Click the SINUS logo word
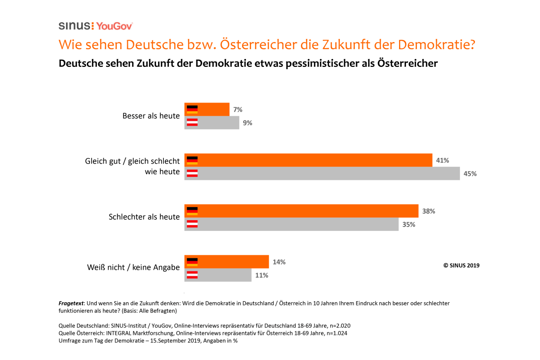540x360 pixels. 74,26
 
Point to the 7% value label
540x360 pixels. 238,109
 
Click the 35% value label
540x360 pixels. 409,224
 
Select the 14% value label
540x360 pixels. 279,262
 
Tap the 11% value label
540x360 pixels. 262,275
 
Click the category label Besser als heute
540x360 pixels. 151,116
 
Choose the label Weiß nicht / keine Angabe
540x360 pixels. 133,267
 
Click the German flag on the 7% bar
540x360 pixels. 192,109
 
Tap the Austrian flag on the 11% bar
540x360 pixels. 192,275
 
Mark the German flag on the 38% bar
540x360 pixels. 192,211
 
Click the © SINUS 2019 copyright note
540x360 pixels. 461,265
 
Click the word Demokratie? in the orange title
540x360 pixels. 436,45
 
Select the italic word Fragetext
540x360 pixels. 71,303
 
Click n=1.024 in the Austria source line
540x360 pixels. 337,333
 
